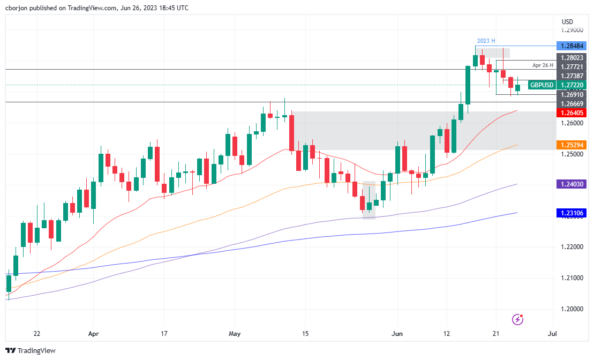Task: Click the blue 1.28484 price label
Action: pyautogui.click(x=572, y=46)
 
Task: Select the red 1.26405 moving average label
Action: pyautogui.click(x=572, y=112)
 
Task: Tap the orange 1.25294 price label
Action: pyautogui.click(x=572, y=145)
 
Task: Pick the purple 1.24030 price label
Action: pyautogui.click(x=572, y=184)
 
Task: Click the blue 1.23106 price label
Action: pyautogui.click(x=572, y=213)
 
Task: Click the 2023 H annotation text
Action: pyautogui.click(x=486, y=41)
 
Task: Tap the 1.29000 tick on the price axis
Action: pyautogui.click(x=572, y=31)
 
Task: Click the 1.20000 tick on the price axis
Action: pyautogui.click(x=572, y=309)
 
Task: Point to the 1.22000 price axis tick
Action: pyautogui.click(x=572, y=247)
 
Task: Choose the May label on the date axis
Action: pyautogui.click(x=235, y=334)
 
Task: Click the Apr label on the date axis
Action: pyautogui.click(x=93, y=334)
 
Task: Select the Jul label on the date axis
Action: pyautogui.click(x=553, y=334)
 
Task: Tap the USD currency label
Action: pyautogui.click(x=567, y=21)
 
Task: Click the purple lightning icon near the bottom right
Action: pyautogui.click(x=517, y=319)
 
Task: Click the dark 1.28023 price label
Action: pyautogui.click(x=572, y=57)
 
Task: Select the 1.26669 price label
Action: pyautogui.click(x=572, y=103)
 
